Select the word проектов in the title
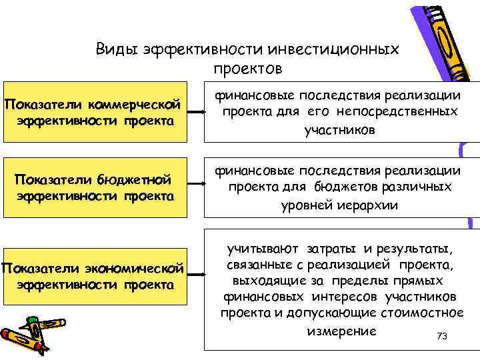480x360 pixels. click(x=249, y=69)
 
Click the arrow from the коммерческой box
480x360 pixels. click(x=195, y=113)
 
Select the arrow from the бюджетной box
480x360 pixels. click(x=195, y=188)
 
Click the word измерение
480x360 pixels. click(x=341, y=331)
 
